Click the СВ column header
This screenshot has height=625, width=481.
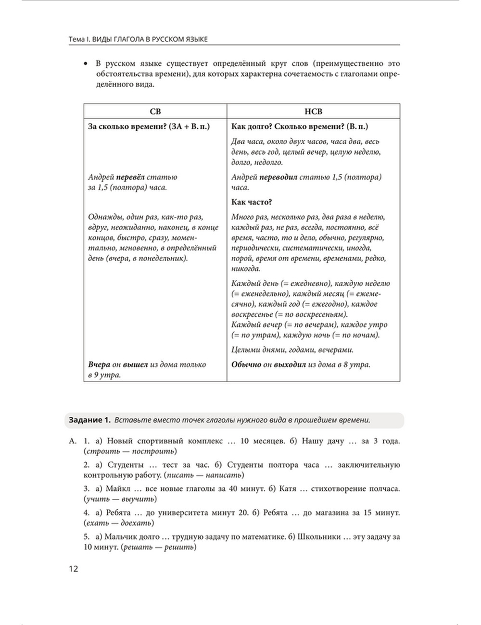coord(155,112)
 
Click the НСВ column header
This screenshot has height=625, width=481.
coord(313,112)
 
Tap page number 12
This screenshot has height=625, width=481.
coord(73,569)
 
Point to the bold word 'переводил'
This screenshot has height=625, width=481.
coord(278,177)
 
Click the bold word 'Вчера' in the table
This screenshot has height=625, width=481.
coord(100,364)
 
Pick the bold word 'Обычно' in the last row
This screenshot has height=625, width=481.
coord(246,364)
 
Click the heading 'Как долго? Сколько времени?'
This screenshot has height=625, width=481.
coord(300,126)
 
